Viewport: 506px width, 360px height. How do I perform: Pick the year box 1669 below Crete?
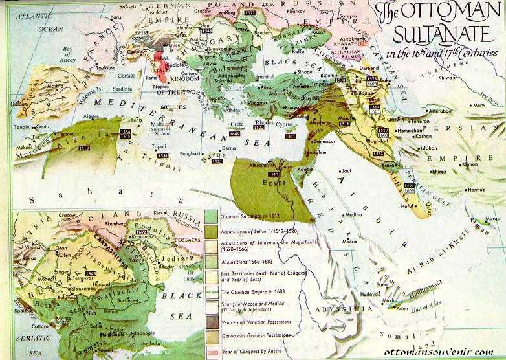(x=234, y=133)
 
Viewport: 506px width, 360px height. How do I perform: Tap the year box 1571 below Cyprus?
(x=290, y=137)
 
